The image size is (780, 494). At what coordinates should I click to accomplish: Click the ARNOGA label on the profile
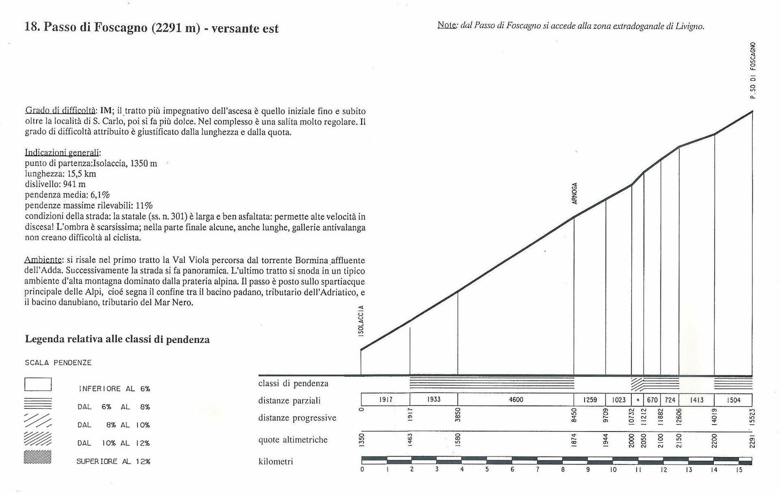575,194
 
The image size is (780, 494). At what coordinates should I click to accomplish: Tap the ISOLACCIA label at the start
361,320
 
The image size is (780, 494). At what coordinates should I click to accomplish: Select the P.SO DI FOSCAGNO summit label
753,71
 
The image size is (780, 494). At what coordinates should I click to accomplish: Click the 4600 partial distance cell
516,400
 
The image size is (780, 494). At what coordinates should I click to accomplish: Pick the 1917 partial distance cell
386,400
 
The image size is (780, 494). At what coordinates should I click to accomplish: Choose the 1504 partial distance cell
733,400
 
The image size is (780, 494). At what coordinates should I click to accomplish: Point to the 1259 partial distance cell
590,400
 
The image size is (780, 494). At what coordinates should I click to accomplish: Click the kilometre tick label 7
537,470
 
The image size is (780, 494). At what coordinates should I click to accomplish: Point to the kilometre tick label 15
739,470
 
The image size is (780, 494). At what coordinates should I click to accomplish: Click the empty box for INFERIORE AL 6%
38,385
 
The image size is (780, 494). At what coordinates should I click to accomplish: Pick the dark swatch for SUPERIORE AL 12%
38,457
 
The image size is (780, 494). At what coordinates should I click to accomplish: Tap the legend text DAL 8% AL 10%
113,425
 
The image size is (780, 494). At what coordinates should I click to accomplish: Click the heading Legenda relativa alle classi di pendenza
117,339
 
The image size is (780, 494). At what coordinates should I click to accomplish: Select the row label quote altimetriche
293,440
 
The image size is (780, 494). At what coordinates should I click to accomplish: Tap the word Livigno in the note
690,26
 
